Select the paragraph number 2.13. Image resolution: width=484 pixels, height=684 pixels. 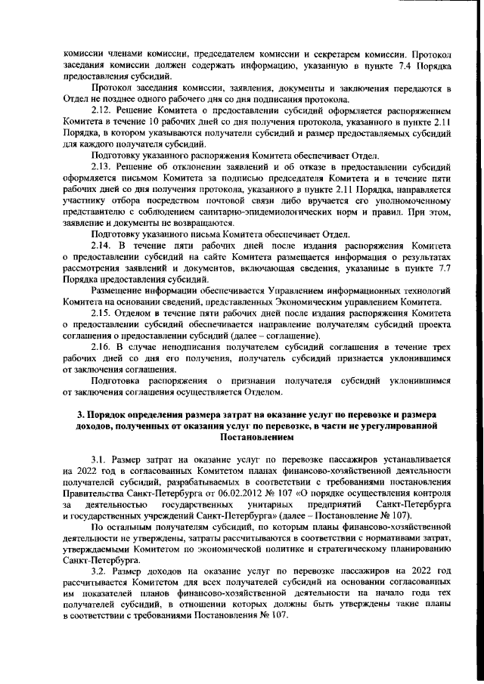pos(101,166)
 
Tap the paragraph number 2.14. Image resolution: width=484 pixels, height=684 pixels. pos(101,246)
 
